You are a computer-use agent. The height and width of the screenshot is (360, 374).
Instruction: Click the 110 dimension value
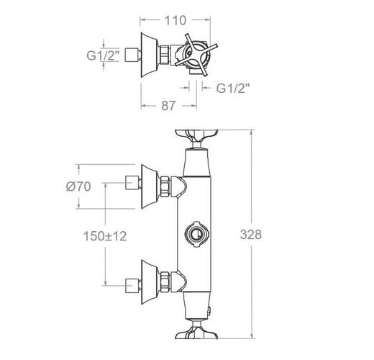(175, 20)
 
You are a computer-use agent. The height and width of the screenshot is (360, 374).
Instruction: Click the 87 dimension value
(168, 106)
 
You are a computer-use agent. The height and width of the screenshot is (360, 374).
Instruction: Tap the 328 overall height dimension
(251, 235)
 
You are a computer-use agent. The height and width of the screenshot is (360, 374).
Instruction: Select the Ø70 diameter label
(78, 186)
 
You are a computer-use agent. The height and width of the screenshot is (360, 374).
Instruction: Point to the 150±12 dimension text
(105, 236)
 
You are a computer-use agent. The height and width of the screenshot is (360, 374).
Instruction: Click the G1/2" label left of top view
(103, 55)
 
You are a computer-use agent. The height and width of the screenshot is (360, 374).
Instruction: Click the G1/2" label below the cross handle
(233, 88)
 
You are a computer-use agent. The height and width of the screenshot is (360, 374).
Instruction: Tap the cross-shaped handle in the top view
(196, 55)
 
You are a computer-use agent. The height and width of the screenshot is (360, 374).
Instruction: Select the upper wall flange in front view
(150, 186)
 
